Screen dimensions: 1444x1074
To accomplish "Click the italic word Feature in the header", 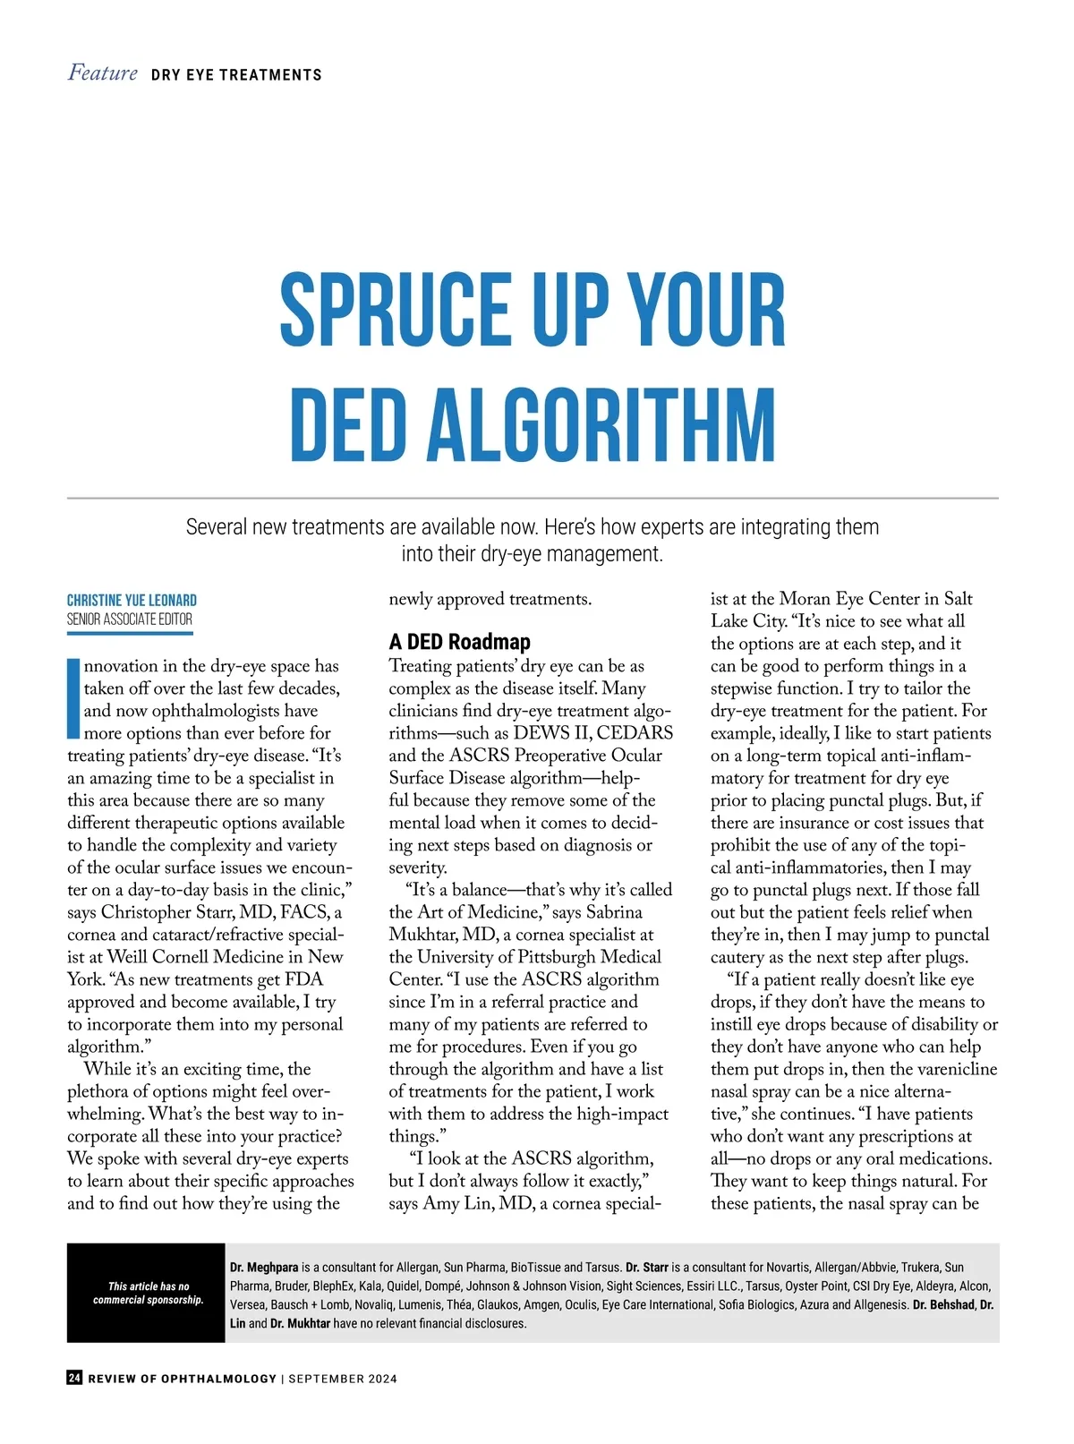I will coord(103,73).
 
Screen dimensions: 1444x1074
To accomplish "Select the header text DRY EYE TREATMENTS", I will coord(236,75).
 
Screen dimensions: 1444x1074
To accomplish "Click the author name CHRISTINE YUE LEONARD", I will coord(132,600).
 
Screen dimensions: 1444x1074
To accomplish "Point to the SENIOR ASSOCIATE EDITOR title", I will coord(130,619).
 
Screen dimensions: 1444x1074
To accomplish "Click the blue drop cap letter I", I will coord(73,699).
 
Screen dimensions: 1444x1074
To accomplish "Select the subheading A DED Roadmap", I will coord(459,642).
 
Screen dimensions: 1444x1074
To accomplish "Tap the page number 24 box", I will coord(74,1378).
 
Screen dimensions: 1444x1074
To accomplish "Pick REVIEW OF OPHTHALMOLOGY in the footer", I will coord(182,1379).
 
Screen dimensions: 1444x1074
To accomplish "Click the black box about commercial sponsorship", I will coord(146,1293).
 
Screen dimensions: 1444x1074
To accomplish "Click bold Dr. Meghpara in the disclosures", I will coord(264,1268).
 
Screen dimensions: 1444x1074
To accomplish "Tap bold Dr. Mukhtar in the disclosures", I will coord(301,1323).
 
